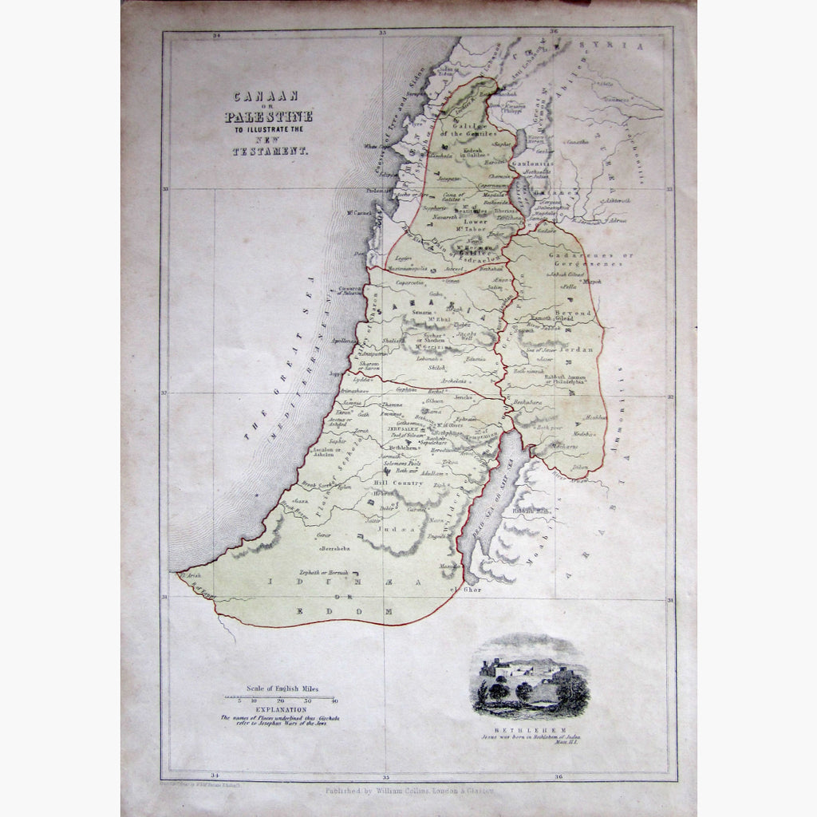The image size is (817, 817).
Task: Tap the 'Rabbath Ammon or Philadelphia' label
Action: (566, 378)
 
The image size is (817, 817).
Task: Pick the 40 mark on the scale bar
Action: (334, 701)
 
